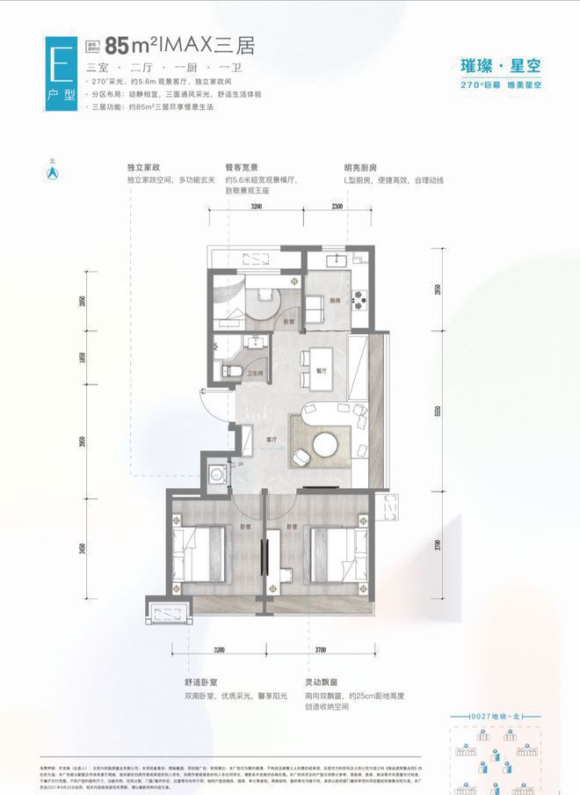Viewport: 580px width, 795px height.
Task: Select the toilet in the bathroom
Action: point(227,372)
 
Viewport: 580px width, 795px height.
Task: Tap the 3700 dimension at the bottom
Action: point(318,650)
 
